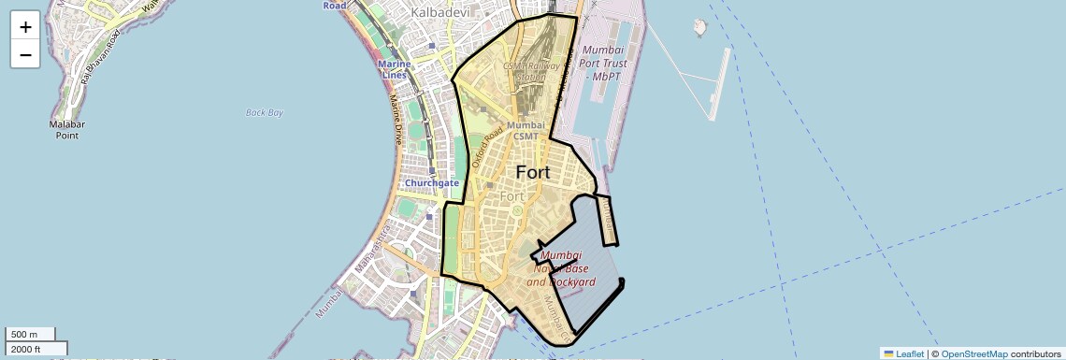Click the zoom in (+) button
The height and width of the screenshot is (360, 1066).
[25, 26]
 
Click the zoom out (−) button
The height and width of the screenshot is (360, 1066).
[25, 55]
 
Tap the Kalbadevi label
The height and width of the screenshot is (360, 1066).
[441, 13]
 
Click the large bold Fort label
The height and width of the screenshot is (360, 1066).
[533, 173]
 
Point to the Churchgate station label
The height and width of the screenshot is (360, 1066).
[431, 182]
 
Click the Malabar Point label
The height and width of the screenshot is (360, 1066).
[67, 129]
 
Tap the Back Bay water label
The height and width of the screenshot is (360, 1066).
[264, 112]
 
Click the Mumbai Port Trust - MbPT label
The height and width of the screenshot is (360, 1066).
[605, 63]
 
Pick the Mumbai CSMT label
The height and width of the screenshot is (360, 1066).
[526, 130]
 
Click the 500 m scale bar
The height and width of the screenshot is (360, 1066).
[29, 334]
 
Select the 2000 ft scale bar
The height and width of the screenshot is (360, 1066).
[36, 349]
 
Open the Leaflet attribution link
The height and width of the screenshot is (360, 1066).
[903, 353]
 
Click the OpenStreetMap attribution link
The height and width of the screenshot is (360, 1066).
[973, 353]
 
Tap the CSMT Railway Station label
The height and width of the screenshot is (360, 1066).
[532, 72]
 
